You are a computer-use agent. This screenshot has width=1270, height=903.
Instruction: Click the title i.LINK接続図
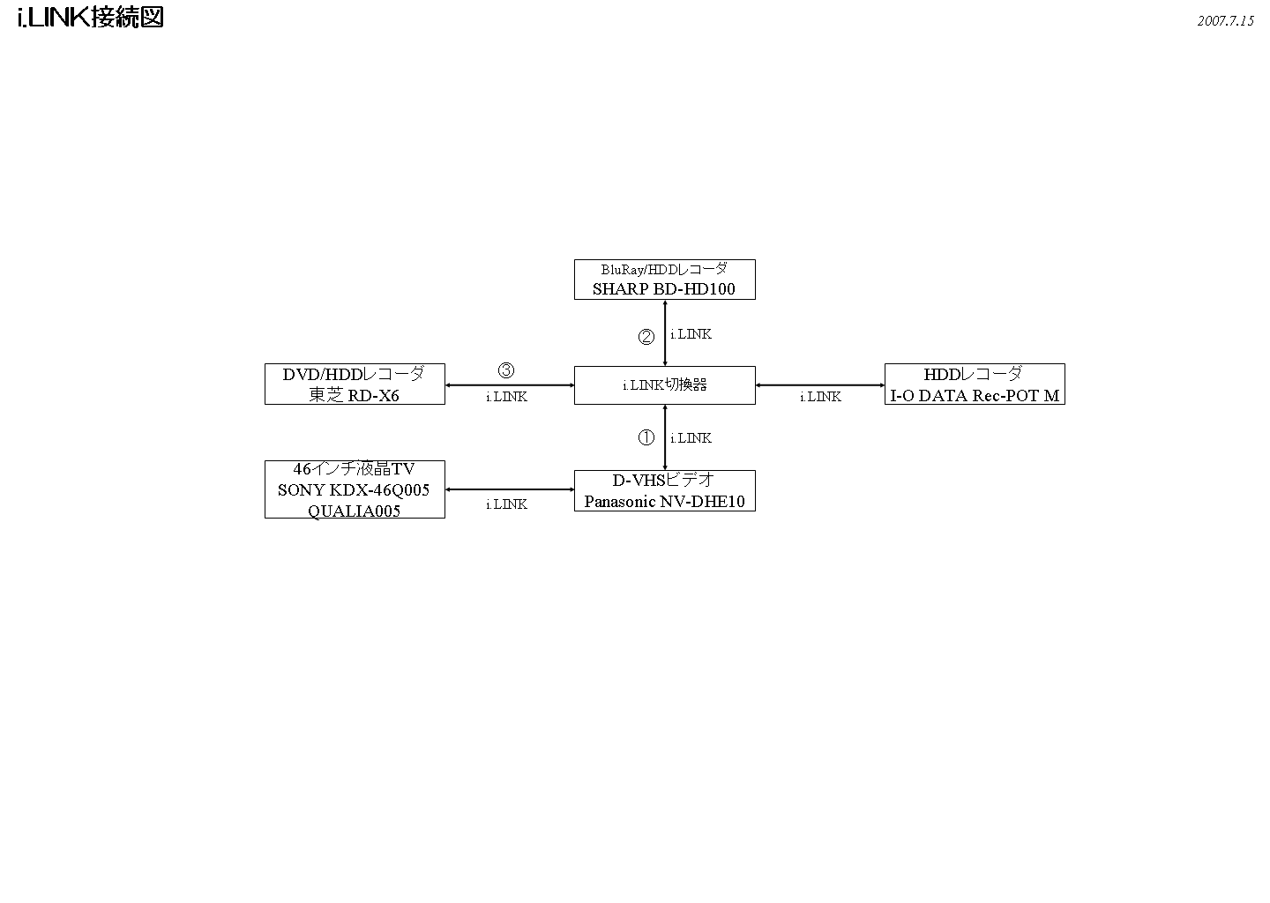point(90,18)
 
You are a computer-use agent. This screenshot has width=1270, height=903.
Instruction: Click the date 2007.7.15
point(1225,21)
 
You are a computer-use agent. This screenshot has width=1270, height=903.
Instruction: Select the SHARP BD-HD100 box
point(664,280)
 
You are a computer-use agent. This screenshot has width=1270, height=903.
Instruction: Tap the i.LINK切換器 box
point(664,385)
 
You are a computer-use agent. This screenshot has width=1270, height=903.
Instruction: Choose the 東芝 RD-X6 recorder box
point(355,384)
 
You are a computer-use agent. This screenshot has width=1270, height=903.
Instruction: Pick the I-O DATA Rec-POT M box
point(975,384)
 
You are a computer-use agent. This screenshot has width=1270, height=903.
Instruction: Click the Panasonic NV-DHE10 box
point(664,490)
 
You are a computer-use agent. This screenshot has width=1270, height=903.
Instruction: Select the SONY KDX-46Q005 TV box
point(355,489)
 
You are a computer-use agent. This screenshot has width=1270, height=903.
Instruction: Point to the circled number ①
point(646,437)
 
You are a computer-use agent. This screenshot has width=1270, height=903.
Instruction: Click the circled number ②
point(646,336)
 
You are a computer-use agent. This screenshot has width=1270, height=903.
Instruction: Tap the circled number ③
point(506,370)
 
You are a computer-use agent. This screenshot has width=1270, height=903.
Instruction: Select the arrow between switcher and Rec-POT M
point(820,385)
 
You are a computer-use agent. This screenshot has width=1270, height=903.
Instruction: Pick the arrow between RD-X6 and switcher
point(510,385)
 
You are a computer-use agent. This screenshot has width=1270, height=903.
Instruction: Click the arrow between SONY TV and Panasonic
point(510,489)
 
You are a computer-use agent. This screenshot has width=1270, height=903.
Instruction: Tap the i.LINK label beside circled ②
point(691,334)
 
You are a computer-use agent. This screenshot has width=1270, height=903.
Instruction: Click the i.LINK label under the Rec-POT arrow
point(820,397)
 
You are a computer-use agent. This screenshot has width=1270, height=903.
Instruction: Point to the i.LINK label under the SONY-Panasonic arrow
point(506,504)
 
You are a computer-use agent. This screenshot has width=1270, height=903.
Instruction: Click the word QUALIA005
point(355,511)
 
